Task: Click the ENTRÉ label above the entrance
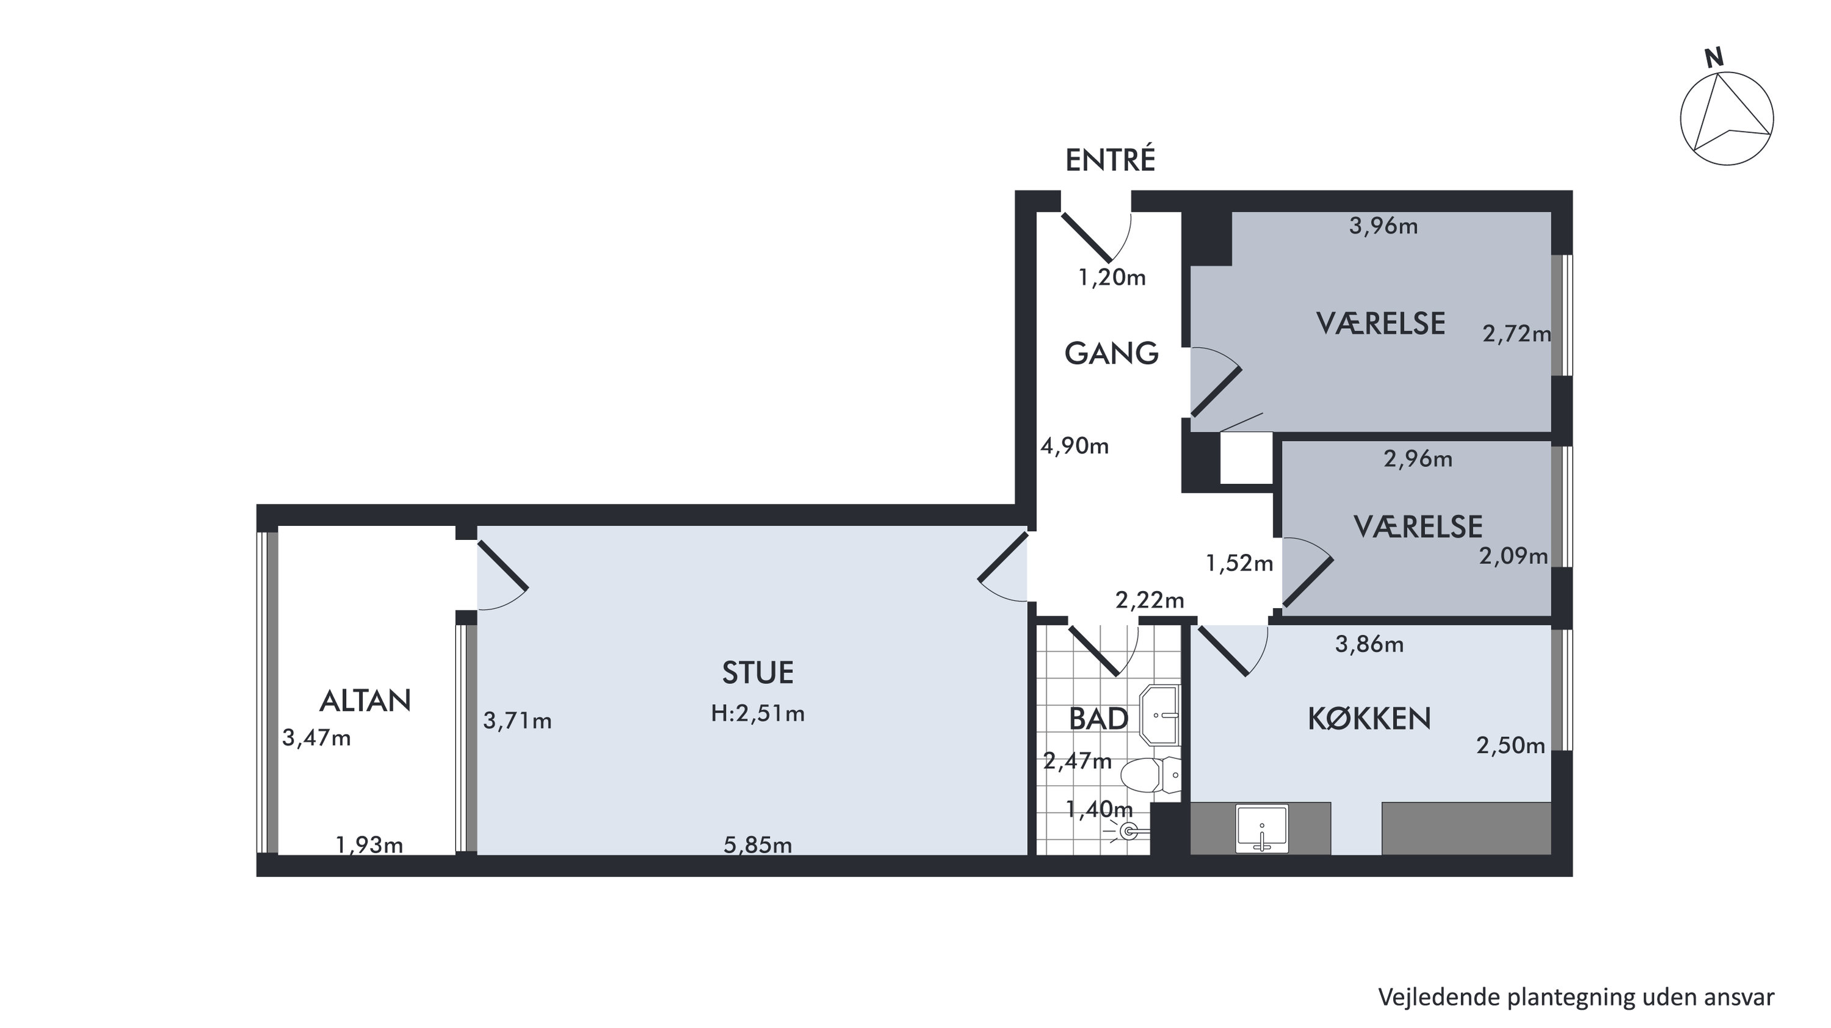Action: pyautogui.click(x=1109, y=160)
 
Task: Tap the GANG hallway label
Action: pyautogui.click(x=1111, y=353)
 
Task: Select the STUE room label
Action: pyautogui.click(x=758, y=673)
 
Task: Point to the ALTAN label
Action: pyautogui.click(x=365, y=701)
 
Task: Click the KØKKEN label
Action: pyautogui.click(x=1369, y=719)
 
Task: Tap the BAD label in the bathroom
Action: pyautogui.click(x=1098, y=719)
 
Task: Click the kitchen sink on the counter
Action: pyautogui.click(x=1261, y=829)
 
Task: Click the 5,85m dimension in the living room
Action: pyautogui.click(x=758, y=845)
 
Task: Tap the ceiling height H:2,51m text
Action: pyautogui.click(x=758, y=713)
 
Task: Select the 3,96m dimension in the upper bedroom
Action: pyautogui.click(x=1383, y=226)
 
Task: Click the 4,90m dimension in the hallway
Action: pyautogui.click(x=1075, y=445)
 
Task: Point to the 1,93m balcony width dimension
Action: pyautogui.click(x=369, y=845)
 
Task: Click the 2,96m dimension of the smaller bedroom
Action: pyautogui.click(x=1418, y=459)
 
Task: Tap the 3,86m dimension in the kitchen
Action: pyautogui.click(x=1369, y=644)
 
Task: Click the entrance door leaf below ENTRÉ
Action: pyautogui.click(x=1087, y=237)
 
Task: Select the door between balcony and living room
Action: pyautogui.click(x=502, y=566)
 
